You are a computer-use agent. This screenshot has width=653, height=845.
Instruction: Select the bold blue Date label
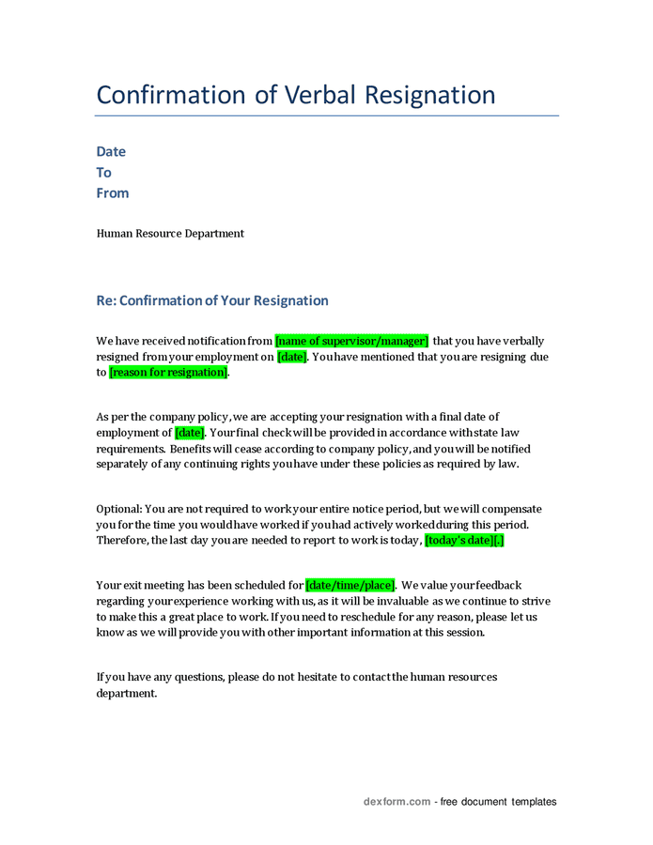coord(111,152)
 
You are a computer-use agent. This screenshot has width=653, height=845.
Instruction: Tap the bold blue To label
coord(103,173)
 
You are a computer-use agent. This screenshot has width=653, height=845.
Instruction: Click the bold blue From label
coord(113,193)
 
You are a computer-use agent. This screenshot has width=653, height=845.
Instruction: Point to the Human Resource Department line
coord(170,234)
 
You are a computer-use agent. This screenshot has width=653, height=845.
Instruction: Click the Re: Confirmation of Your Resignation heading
coord(212,301)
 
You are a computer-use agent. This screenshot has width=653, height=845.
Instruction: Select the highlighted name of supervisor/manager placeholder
coord(351,342)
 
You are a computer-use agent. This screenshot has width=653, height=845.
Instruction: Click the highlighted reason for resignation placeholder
coord(168,373)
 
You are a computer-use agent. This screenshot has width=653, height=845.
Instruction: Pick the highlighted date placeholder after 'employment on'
coord(291,358)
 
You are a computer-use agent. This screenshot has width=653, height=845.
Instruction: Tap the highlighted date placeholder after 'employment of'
coord(189,433)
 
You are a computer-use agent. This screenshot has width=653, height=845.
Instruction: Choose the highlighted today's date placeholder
coord(464,541)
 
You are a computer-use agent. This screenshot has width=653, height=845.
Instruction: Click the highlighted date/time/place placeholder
coord(350,585)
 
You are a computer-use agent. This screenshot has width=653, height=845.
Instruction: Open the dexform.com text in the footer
coord(396,802)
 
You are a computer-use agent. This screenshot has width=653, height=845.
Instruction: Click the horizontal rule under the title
coord(327,116)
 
